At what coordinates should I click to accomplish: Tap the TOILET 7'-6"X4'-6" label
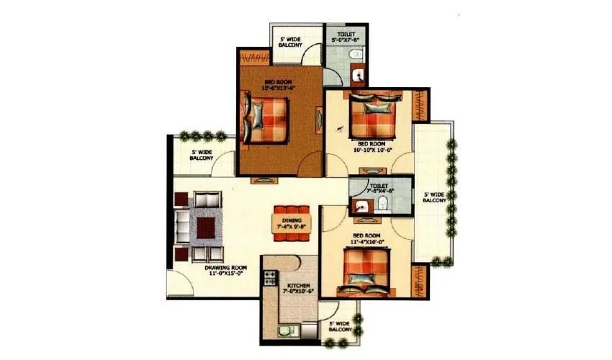[379, 189]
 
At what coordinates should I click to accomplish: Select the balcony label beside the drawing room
[202, 155]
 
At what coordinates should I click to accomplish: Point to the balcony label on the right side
[434, 197]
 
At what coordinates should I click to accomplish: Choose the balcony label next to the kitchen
[339, 328]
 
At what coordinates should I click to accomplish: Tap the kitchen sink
[283, 330]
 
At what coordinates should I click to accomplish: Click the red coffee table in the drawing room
[206, 228]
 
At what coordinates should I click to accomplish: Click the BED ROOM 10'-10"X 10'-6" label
[372, 147]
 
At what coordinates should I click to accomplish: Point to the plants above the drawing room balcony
[202, 134]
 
